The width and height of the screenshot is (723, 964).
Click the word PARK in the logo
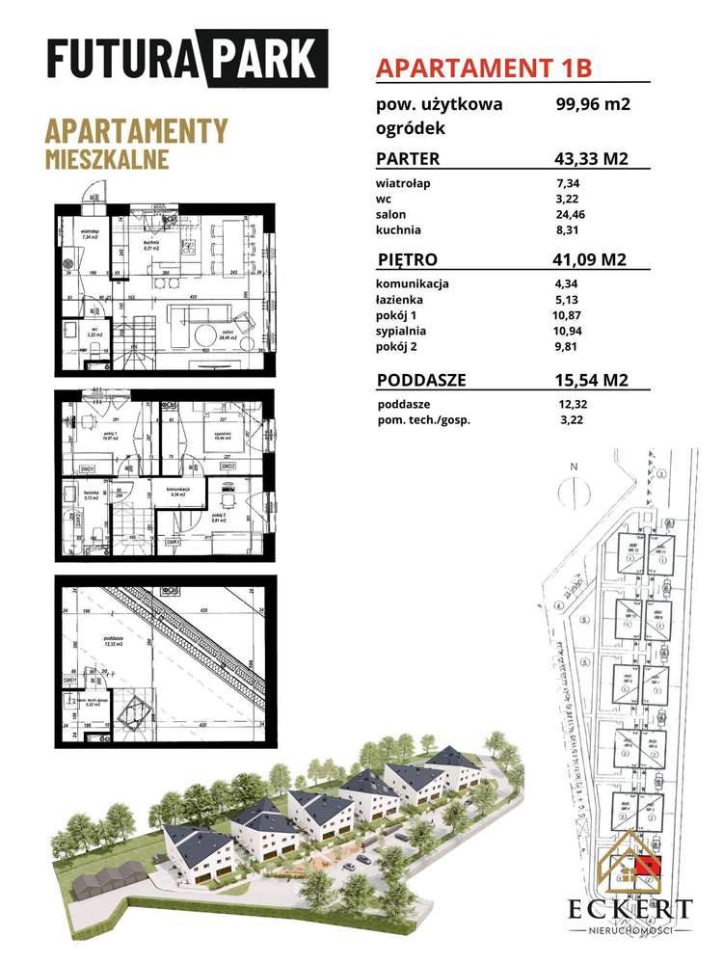click(273, 60)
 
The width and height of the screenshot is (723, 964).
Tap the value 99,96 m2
click(592, 105)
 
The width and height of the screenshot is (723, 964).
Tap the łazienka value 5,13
click(570, 300)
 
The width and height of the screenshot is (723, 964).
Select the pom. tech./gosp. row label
click(423, 420)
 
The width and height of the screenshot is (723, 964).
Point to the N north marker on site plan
click(573, 467)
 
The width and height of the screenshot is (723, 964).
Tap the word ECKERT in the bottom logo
click(629, 909)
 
